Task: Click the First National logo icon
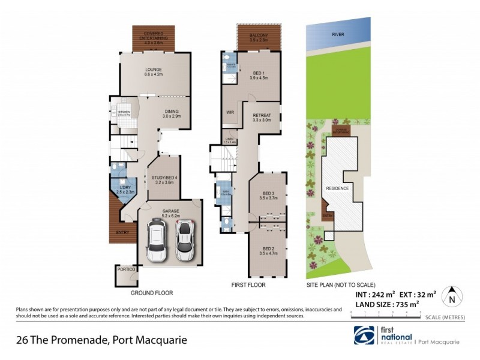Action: click(364, 335)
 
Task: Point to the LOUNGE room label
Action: click(154, 73)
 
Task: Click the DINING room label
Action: click(171, 113)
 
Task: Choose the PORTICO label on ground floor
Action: click(127, 269)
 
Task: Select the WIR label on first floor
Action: click(229, 112)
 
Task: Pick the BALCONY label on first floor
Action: click(259, 36)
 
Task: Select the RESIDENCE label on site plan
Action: click(337, 188)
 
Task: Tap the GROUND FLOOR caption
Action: click(152, 293)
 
